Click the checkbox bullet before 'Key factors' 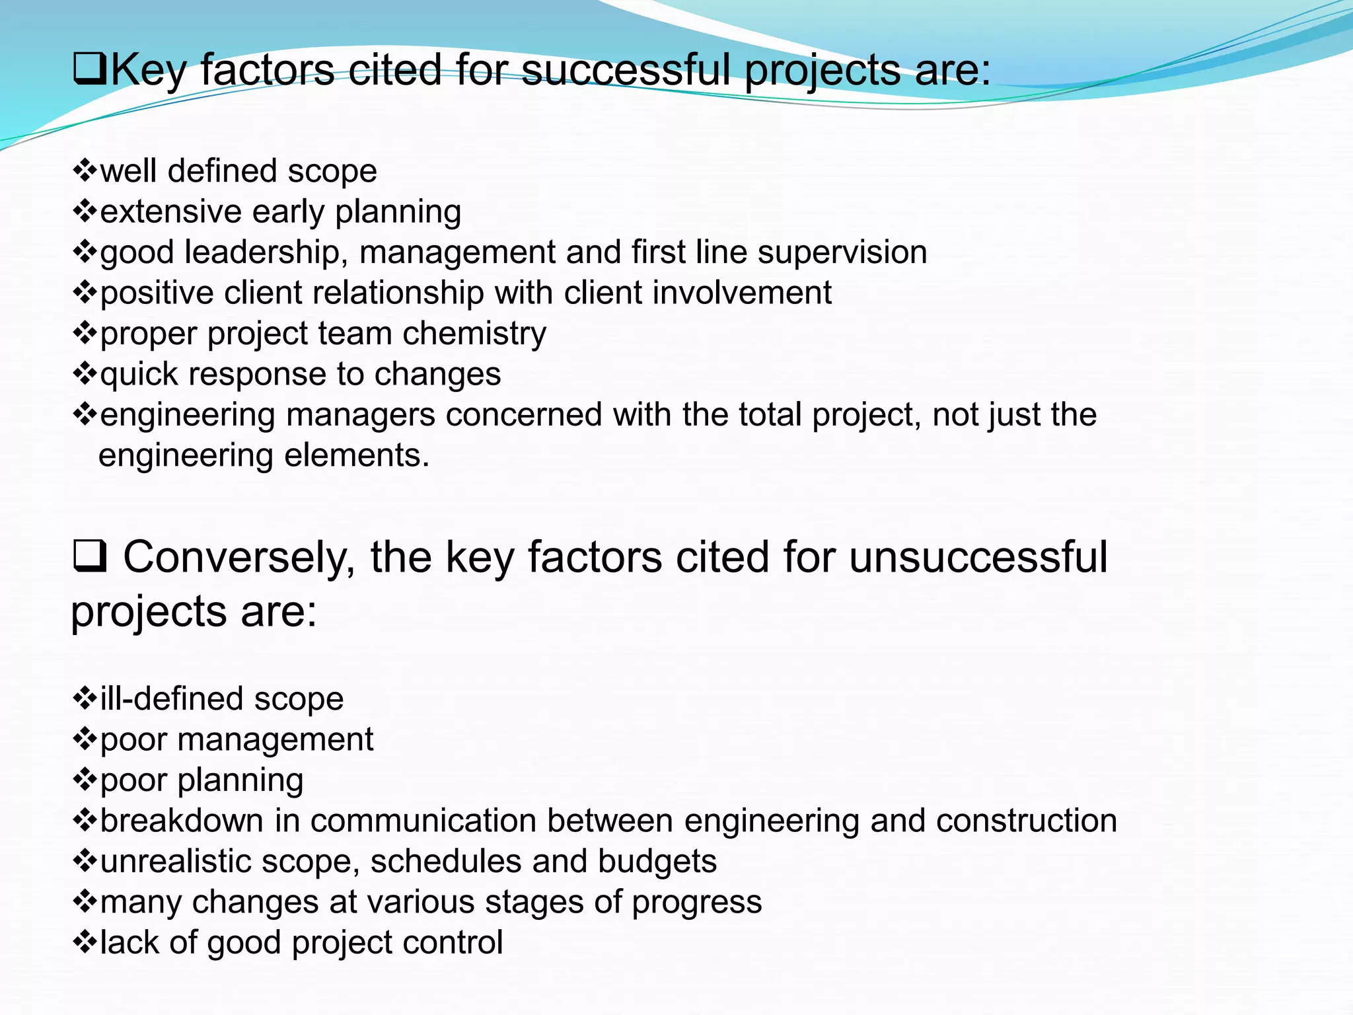point(90,70)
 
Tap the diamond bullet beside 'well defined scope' point(85,170)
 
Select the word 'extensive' point(171,211)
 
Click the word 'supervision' point(842,252)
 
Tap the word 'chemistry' point(474,334)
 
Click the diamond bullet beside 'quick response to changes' point(85,374)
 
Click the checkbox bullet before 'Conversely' point(89,557)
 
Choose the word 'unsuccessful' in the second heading point(978,557)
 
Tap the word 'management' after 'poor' point(275,739)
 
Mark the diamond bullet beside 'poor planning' point(85,780)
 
